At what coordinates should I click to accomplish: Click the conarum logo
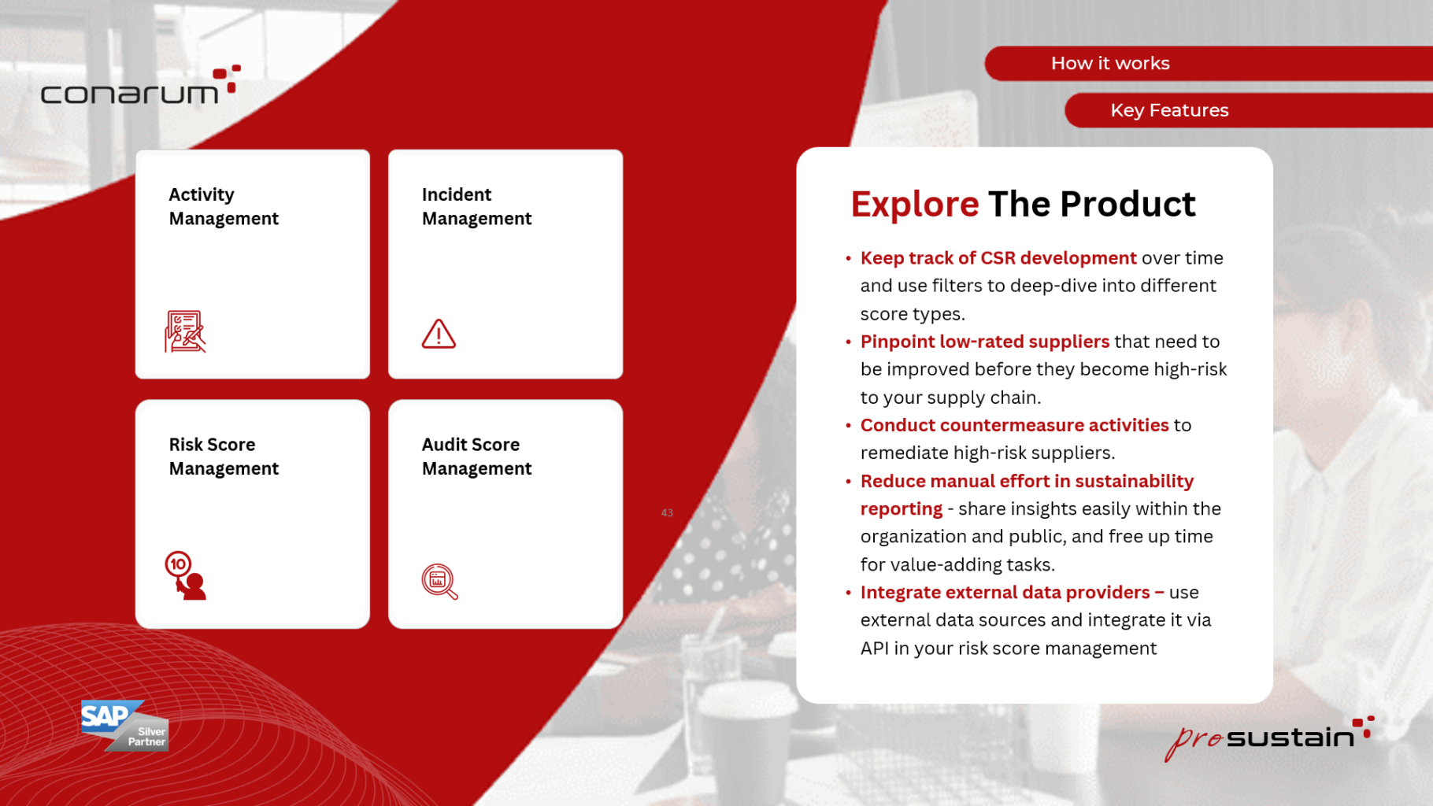pyautogui.click(x=140, y=85)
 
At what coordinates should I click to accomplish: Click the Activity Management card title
pyautogui.click(x=224, y=206)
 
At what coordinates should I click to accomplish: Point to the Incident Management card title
pyautogui.click(x=476, y=206)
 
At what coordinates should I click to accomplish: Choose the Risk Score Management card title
pyautogui.click(x=224, y=457)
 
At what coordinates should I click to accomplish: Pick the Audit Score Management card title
pyautogui.click(x=476, y=457)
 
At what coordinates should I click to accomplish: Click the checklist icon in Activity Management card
pyautogui.click(x=185, y=331)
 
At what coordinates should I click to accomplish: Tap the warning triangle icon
pyautogui.click(x=439, y=334)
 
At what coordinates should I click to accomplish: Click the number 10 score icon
pyautogui.click(x=185, y=575)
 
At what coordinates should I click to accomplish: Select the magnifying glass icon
pyautogui.click(x=439, y=582)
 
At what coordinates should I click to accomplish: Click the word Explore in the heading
pyautogui.click(x=915, y=205)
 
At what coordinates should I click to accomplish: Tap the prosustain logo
pyautogui.click(x=1269, y=738)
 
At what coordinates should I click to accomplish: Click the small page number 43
pyautogui.click(x=667, y=513)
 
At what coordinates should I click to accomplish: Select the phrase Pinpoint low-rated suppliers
pyautogui.click(x=984, y=342)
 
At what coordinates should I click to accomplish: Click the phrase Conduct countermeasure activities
pyautogui.click(x=1014, y=425)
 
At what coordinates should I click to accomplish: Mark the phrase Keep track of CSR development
pyautogui.click(x=998, y=258)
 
